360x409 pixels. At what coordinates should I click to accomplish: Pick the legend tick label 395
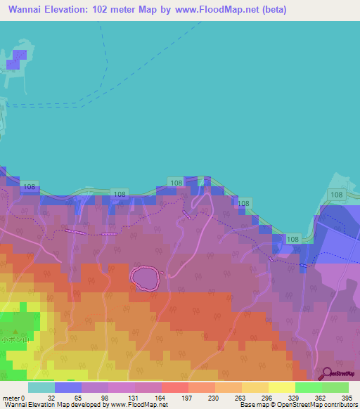[x=347, y=398]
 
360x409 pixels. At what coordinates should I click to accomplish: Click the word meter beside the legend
[x=11, y=398]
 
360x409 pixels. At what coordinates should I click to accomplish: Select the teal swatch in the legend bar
[x=41, y=387]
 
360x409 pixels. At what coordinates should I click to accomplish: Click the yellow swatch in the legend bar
[x=281, y=387]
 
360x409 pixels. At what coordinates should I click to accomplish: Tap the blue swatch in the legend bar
[x=67, y=387]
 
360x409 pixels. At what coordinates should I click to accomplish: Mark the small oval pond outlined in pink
[x=146, y=277]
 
